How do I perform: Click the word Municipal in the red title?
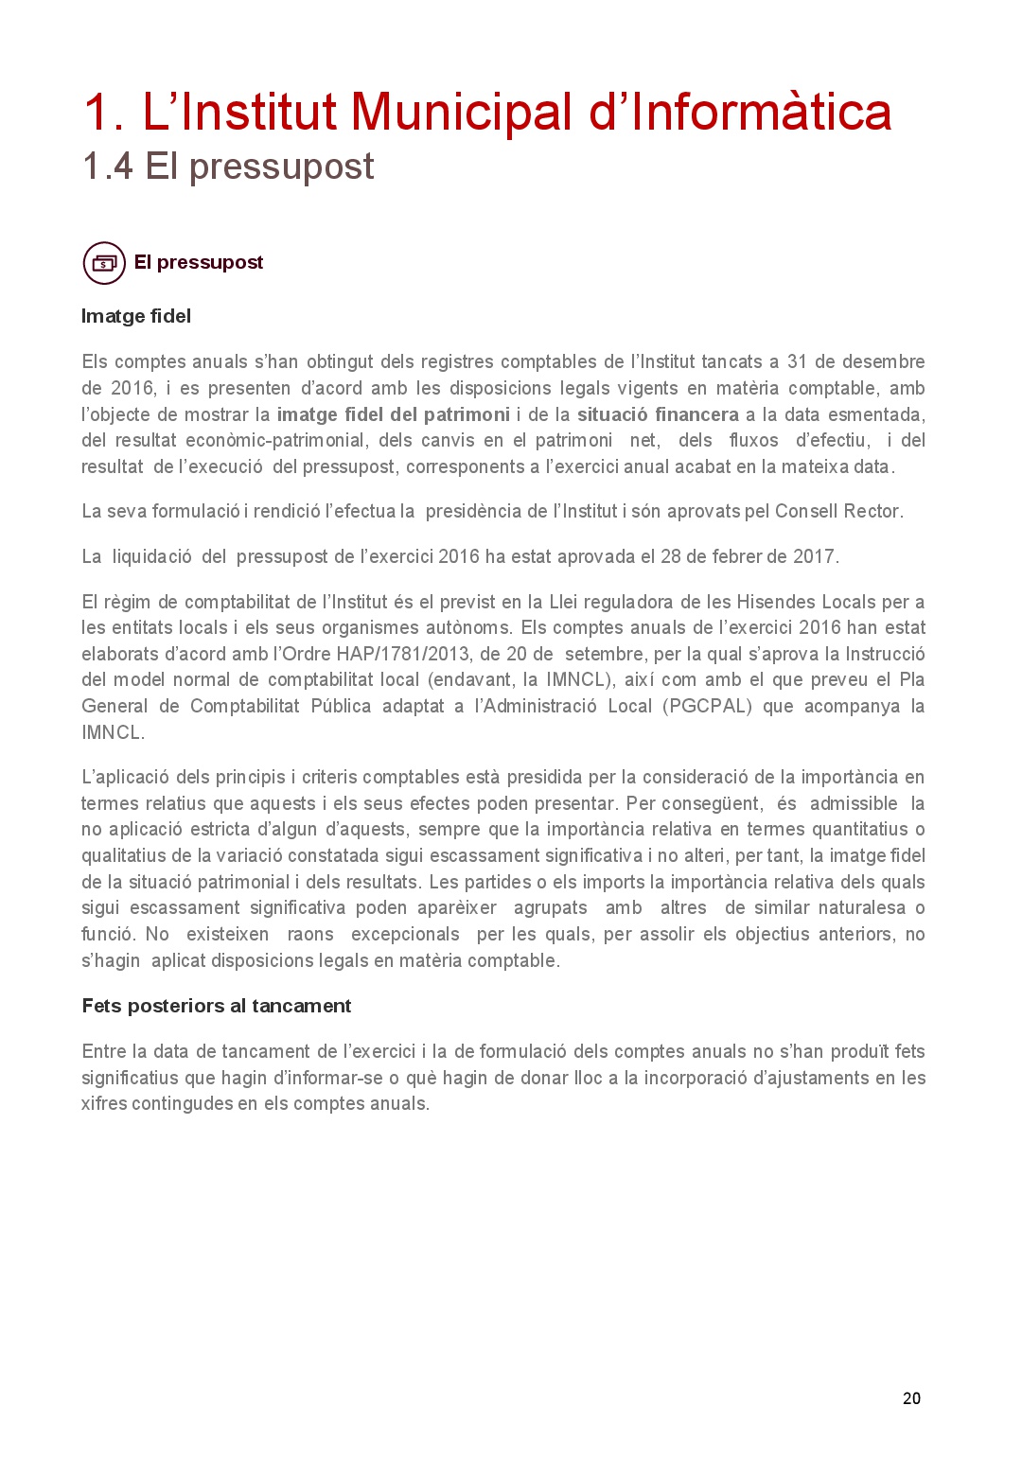click(461, 113)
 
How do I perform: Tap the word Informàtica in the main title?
click(761, 113)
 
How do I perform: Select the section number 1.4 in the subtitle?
click(107, 167)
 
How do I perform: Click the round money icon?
click(104, 263)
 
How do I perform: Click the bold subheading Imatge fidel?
click(136, 316)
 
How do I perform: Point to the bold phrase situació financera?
click(658, 414)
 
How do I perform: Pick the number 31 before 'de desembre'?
click(797, 361)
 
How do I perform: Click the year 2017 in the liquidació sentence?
click(814, 556)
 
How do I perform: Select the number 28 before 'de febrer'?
click(671, 556)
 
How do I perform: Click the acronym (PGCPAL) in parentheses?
click(707, 706)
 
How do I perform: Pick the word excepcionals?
click(405, 934)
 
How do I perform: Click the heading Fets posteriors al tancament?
click(217, 1006)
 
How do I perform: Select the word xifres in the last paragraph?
click(102, 1103)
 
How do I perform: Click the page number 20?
click(911, 1398)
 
